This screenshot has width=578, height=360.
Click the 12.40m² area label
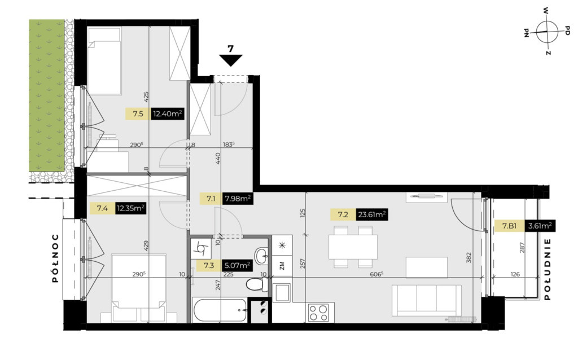point(168,114)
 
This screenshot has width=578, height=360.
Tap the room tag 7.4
point(102,209)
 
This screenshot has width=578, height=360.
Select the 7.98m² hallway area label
point(238,199)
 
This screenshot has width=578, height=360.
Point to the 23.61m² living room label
point(372,214)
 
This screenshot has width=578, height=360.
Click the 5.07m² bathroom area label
point(238,265)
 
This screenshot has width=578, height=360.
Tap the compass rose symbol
point(546,32)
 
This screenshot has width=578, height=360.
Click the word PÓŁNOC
point(55,258)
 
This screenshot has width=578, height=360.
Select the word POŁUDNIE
point(547,269)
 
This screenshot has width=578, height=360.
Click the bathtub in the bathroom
point(220,310)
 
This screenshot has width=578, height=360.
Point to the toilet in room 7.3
point(257,285)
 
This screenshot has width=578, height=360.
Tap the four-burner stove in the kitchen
point(318,313)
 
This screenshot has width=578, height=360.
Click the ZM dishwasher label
point(282,265)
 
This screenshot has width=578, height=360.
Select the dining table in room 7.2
point(353,247)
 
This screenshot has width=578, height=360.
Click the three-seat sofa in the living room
point(427,300)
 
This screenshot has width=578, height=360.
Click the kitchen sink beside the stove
point(282,293)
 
